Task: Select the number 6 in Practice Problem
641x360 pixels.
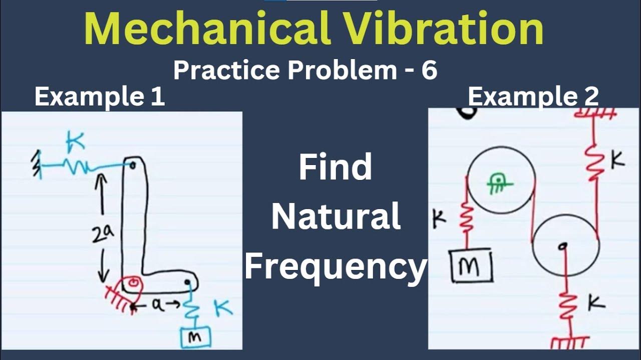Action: click(429, 70)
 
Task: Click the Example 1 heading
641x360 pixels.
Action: click(99, 96)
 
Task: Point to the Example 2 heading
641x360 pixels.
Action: click(533, 96)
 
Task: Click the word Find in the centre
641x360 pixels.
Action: click(336, 168)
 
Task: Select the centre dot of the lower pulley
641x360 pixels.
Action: click(564, 245)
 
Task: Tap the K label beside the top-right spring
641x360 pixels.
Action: click(617, 160)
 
